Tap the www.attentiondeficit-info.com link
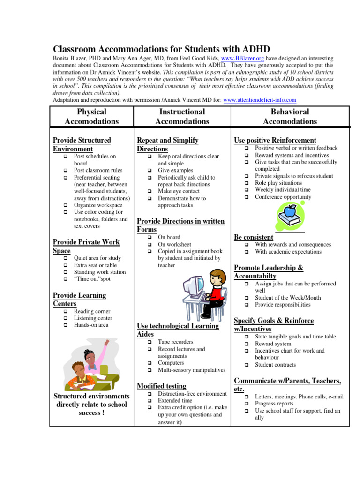260,100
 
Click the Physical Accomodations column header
91,116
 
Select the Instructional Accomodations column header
182,116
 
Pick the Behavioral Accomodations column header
290,116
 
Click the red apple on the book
291,209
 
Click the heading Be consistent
254,237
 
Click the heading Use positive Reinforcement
275,140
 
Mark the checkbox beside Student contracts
247,365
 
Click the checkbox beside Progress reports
247,404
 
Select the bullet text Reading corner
92,311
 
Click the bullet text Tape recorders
175,342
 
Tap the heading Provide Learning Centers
79,300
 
